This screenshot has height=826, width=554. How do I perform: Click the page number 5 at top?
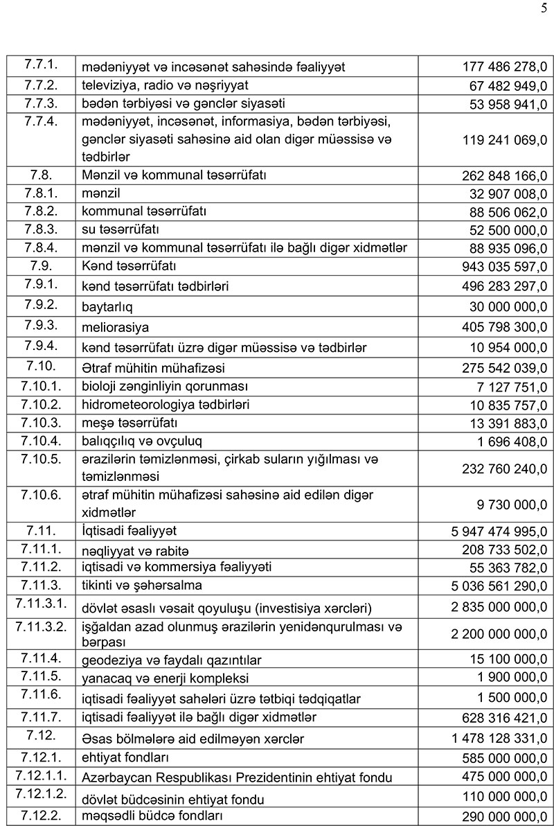click(543, 8)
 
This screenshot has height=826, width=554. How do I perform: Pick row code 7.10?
click(40, 367)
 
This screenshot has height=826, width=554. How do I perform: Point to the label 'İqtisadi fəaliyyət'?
click(129, 531)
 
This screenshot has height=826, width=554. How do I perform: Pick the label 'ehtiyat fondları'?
click(125, 757)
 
